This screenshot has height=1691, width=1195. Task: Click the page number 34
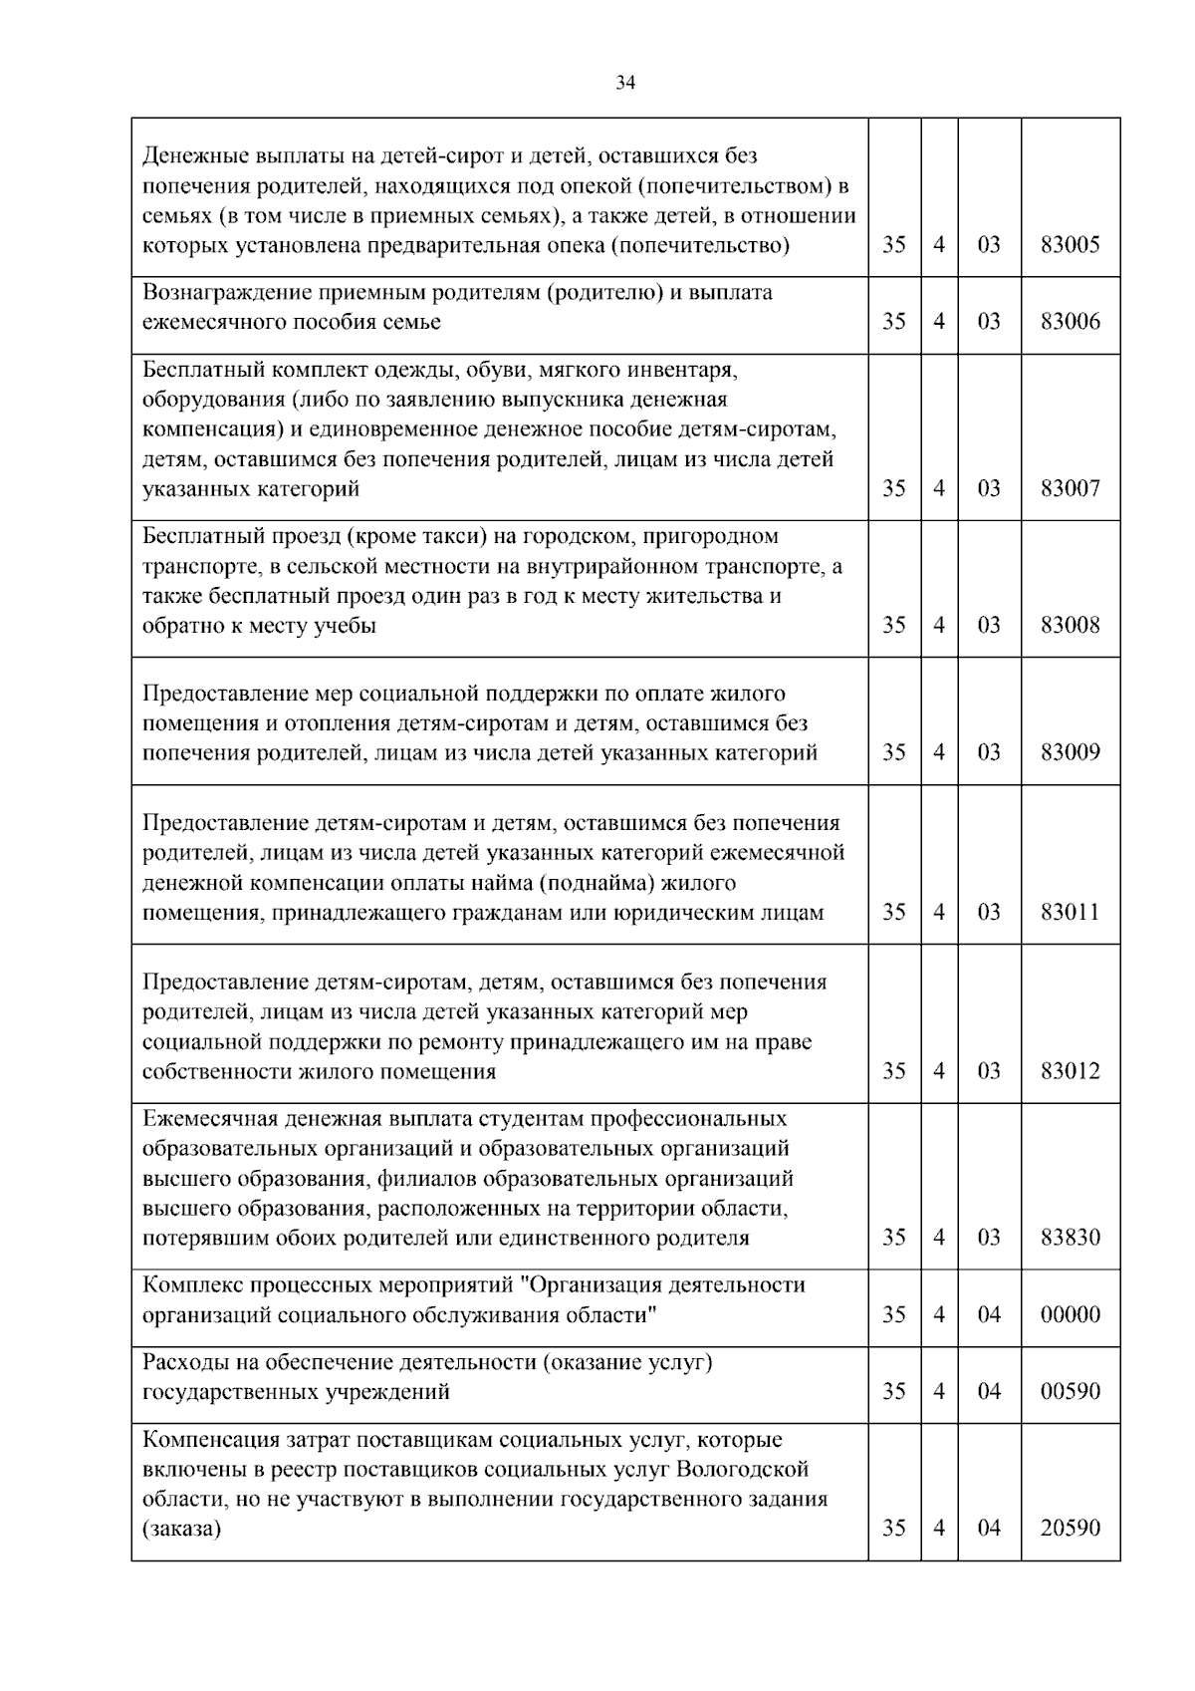click(x=624, y=84)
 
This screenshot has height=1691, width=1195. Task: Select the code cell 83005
click(x=1070, y=245)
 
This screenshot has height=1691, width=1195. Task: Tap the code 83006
click(x=1070, y=322)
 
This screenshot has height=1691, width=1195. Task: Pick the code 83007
click(x=1070, y=489)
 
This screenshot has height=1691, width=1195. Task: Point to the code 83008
click(x=1070, y=626)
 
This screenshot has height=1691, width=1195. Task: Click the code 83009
click(x=1070, y=753)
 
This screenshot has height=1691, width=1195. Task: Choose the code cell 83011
click(x=1070, y=913)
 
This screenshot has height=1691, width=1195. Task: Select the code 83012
click(x=1070, y=1072)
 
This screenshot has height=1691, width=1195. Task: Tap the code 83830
click(x=1070, y=1239)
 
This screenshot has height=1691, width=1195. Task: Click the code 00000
click(x=1070, y=1315)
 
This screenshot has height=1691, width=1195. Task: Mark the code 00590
click(x=1070, y=1392)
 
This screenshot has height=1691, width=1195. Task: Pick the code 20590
click(x=1070, y=1529)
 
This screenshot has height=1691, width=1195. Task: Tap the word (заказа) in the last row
click(x=181, y=1529)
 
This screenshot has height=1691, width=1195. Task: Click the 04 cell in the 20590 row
click(x=988, y=1529)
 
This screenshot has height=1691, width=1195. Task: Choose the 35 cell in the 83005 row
click(x=893, y=245)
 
